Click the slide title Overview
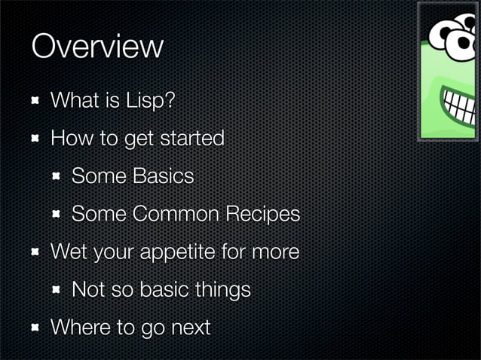click(97, 47)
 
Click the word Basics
click(163, 176)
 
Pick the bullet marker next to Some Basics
click(57, 176)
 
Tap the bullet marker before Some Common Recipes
click(57, 215)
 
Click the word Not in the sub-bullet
click(87, 290)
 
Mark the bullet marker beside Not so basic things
click(57, 290)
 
